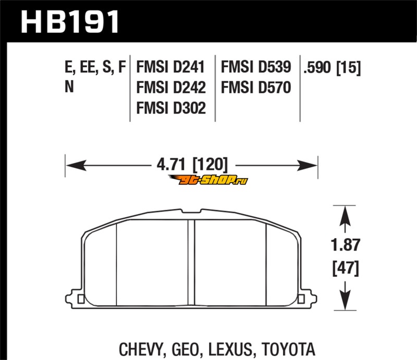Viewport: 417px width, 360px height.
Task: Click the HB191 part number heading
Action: coord(70,22)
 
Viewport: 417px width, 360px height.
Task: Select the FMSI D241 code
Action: coord(170,67)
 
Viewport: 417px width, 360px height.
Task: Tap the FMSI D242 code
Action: coord(171,88)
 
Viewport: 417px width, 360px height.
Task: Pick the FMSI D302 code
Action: coord(171,108)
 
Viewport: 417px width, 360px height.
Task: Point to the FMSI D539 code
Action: coord(256,67)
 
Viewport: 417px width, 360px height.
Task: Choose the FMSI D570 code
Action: coord(256,88)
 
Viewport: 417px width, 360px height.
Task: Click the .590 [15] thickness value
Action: coord(332,68)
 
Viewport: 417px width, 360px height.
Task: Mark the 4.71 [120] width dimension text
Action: coord(192,165)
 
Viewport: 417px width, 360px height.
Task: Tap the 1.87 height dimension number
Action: coord(346,245)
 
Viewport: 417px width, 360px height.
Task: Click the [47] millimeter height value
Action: coord(346,268)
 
